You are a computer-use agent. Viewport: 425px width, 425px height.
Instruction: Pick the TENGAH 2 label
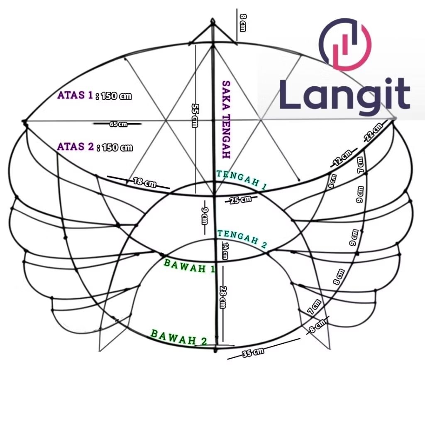click(x=242, y=239)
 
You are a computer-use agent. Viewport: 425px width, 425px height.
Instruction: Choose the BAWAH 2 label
click(x=179, y=337)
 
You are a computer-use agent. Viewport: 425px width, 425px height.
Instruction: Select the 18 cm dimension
click(x=144, y=182)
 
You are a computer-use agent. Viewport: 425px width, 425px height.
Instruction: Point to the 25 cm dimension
click(x=240, y=200)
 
